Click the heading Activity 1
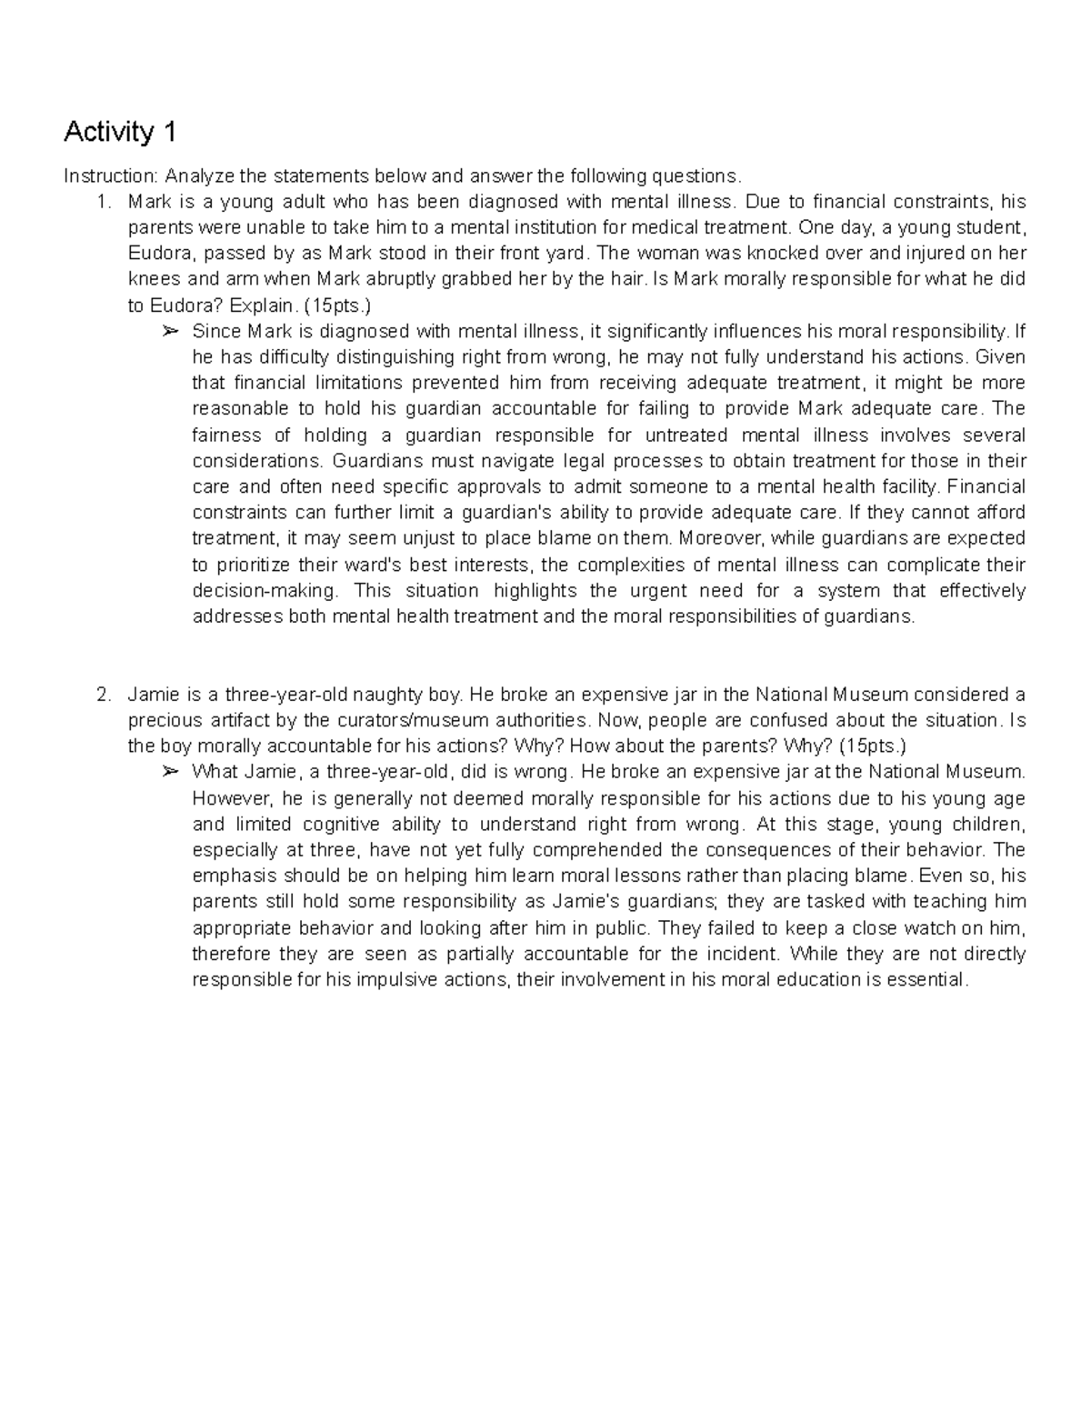(119, 133)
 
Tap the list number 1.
(103, 201)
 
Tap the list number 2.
(103, 696)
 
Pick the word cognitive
(335, 825)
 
